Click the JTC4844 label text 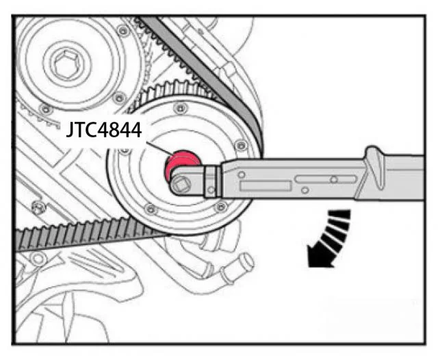(104, 129)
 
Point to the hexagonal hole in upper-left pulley (67, 64)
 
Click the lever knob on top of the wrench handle (375, 167)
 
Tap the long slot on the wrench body (326, 179)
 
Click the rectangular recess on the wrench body (265, 185)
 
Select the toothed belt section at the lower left (83, 234)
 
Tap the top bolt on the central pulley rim (181, 108)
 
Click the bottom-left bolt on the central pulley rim (151, 209)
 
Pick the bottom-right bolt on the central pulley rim (220, 207)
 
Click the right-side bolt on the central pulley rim (241, 145)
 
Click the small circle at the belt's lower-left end (38, 259)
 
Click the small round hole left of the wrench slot (242, 175)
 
